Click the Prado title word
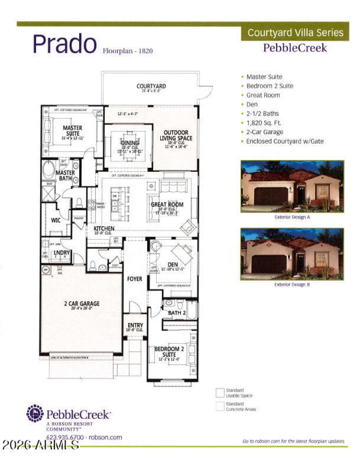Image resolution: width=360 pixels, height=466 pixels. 64,44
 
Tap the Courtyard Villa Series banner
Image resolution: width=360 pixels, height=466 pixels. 295,32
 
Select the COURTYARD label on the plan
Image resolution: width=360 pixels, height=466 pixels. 151,86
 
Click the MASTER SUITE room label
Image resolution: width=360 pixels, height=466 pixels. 72,130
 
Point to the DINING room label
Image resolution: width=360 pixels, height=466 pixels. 130,143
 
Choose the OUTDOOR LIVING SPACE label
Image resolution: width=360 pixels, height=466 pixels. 178,135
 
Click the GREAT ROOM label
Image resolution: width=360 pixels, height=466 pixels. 167,204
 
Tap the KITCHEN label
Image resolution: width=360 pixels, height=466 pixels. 104,229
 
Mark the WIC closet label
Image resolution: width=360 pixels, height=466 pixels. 56,221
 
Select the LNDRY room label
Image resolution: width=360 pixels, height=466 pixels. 62,253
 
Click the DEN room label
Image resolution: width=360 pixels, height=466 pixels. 173,264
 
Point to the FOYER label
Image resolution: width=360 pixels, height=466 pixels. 135,279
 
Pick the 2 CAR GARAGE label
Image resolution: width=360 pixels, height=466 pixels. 81,304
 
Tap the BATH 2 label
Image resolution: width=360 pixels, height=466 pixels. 177,313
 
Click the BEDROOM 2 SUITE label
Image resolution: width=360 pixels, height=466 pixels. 169,351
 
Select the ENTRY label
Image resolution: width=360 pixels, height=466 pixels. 135,325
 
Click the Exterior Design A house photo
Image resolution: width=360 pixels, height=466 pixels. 292,186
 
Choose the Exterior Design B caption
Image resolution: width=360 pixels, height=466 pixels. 292,285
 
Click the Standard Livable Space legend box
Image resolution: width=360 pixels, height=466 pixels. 220,393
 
